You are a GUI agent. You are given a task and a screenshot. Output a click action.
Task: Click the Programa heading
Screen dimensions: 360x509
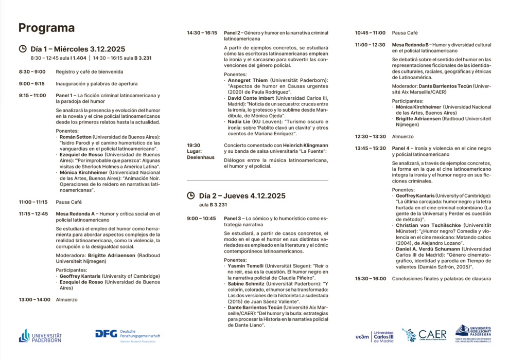46,28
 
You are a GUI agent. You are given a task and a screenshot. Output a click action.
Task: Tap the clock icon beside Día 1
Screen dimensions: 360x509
23,49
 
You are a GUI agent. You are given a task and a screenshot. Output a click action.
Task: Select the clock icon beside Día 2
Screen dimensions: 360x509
191,195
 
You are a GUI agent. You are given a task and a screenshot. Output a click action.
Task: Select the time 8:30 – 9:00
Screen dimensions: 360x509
32,72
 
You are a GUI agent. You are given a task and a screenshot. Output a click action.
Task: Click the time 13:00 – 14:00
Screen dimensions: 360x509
34,299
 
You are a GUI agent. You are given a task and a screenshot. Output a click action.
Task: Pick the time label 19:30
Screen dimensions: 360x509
194,146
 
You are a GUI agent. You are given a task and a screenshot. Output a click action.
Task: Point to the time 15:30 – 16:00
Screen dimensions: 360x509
370,279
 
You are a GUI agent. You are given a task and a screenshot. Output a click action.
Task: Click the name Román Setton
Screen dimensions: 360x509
75,137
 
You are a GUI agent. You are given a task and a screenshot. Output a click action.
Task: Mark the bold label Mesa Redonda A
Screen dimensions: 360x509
75,213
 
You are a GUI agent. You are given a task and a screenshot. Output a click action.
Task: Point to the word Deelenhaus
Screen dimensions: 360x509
201,157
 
